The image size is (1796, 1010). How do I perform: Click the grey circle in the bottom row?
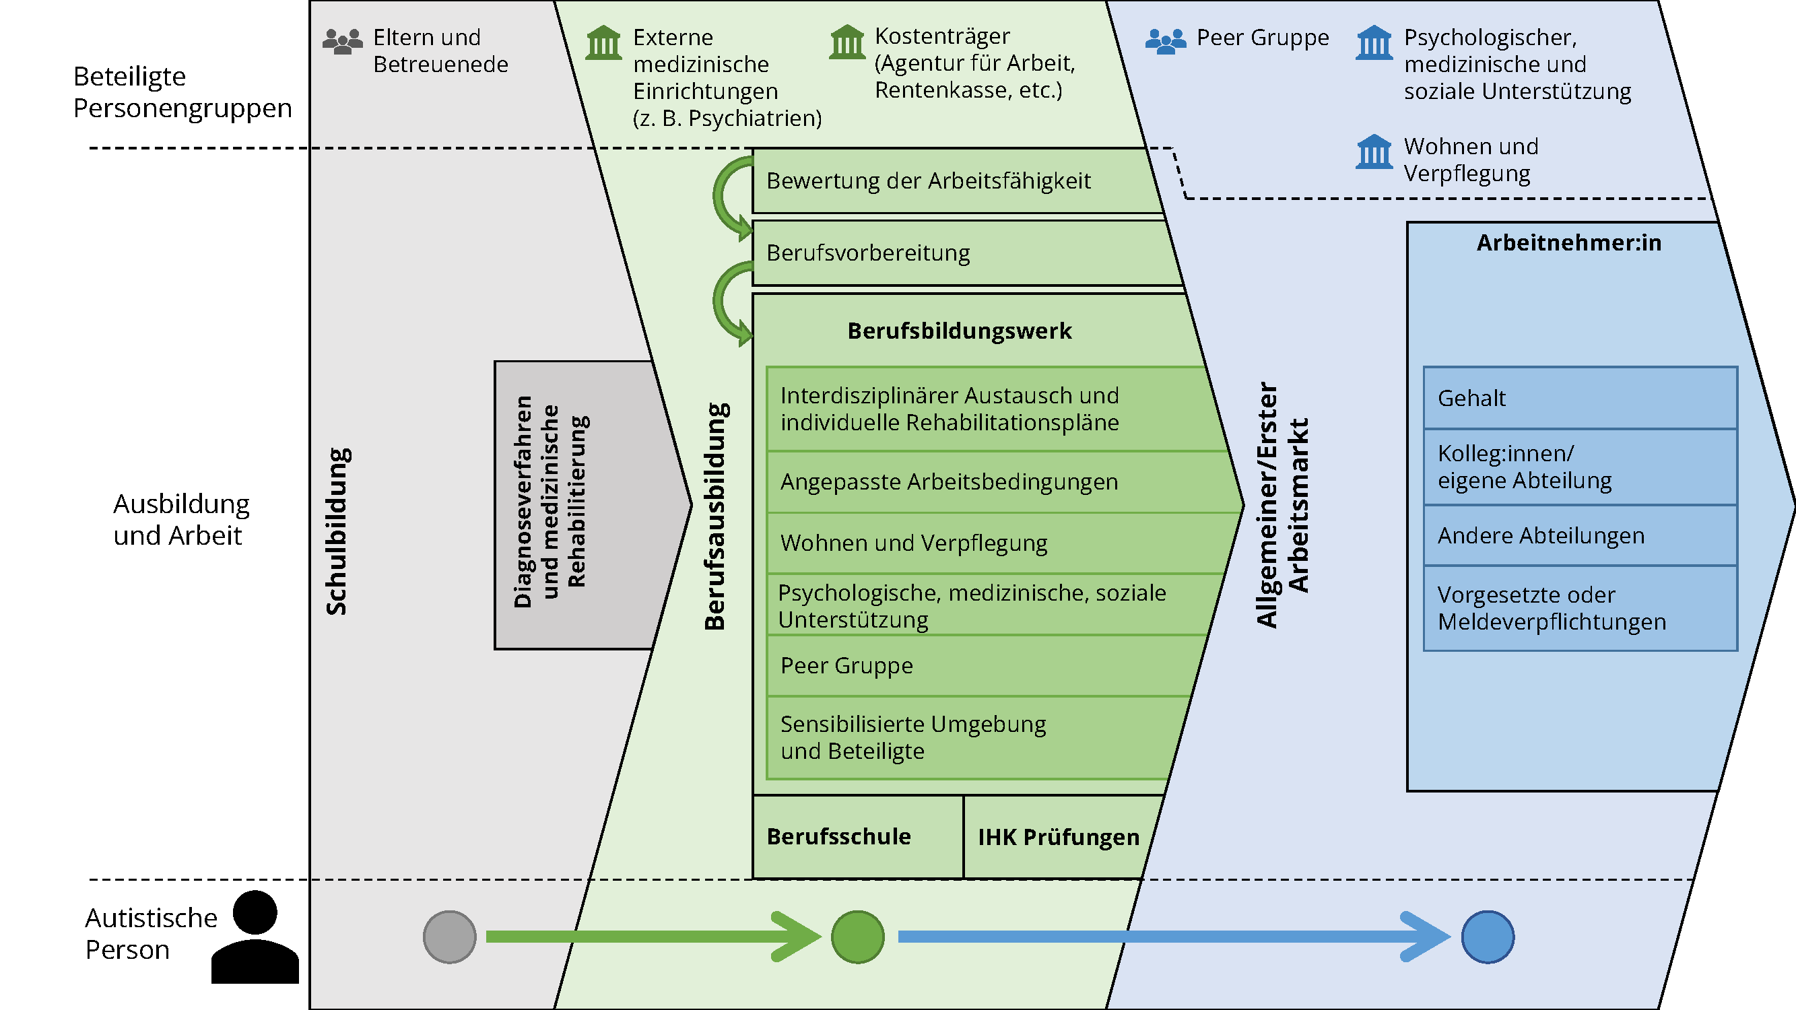tap(450, 937)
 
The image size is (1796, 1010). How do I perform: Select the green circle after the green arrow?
tap(857, 937)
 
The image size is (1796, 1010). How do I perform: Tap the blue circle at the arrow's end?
tap(1487, 937)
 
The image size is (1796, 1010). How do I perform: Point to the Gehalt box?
tap(1580, 398)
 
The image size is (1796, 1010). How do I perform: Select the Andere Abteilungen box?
tap(1580, 535)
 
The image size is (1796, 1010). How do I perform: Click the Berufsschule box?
tap(857, 836)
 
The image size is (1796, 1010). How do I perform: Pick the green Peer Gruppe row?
tap(976, 666)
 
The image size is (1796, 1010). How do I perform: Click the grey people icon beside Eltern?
tap(342, 41)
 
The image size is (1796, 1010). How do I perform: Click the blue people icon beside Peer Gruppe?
tap(1165, 41)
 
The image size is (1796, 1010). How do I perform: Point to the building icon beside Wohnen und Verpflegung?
tap(1374, 152)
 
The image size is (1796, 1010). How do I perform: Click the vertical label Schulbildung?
tap(337, 531)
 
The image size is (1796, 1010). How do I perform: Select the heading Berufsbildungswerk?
tap(960, 331)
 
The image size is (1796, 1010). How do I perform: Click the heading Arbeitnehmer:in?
tap(1568, 242)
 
